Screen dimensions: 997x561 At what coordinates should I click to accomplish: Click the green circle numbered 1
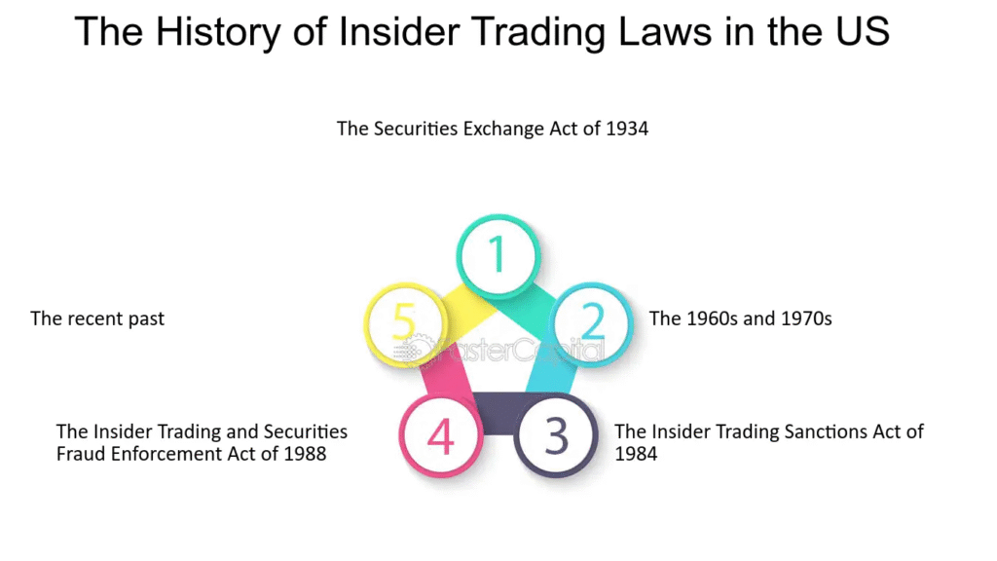pyautogui.click(x=498, y=255)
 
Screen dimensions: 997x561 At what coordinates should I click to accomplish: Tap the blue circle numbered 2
pyautogui.click(x=593, y=323)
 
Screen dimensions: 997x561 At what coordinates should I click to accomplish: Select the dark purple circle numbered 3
pyautogui.click(x=556, y=435)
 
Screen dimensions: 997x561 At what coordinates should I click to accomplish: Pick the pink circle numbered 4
pyautogui.click(x=440, y=435)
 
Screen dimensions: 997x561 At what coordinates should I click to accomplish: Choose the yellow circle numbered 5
pyautogui.click(x=404, y=323)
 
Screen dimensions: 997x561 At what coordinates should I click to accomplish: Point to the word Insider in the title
pyautogui.click(x=399, y=31)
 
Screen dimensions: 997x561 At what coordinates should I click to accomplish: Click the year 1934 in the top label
pyautogui.click(x=627, y=129)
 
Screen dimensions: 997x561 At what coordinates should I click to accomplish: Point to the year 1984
pyautogui.click(x=636, y=454)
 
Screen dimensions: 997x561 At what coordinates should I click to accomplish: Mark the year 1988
pyautogui.click(x=305, y=454)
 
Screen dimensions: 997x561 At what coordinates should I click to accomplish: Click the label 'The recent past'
pyautogui.click(x=97, y=318)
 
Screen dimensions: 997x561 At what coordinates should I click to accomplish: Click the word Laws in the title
pyautogui.click(x=665, y=31)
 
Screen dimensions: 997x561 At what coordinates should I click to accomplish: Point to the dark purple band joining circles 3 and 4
pyautogui.click(x=498, y=413)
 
